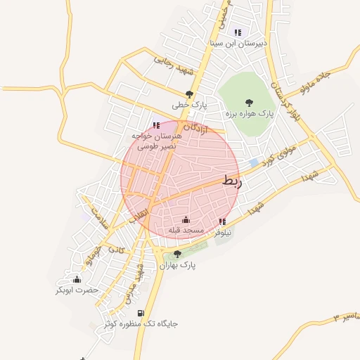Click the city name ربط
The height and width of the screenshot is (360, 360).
(x=231, y=180)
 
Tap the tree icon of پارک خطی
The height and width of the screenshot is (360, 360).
(x=188, y=94)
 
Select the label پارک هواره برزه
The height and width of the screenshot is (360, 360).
(x=248, y=113)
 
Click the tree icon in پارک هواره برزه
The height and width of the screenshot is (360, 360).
(x=248, y=103)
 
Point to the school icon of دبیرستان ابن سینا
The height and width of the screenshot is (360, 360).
(x=238, y=32)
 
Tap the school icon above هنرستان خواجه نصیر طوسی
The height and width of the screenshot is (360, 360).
(x=155, y=125)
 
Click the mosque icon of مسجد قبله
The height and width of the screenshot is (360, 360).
(x=186, y=219)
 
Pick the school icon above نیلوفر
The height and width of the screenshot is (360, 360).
(x=222, y=221)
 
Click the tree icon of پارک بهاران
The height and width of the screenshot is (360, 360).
(x=176, y=255)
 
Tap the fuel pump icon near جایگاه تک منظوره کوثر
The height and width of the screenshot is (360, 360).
(x=141, y=314)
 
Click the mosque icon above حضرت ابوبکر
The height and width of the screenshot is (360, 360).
(x=77, y=279)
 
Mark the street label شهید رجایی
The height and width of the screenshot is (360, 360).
(x=173, y=66)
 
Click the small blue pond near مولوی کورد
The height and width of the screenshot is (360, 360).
(x=254, y=162)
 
